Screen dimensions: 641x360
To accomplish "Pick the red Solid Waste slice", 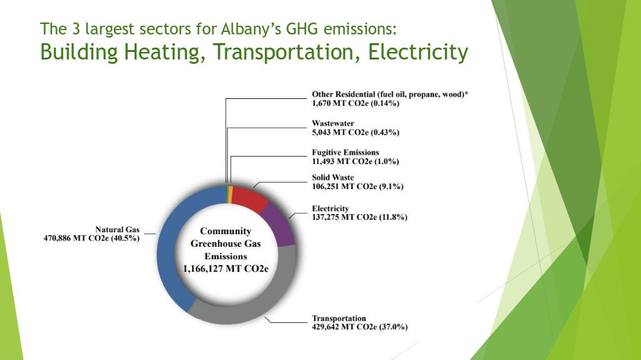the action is [x=249, y=197].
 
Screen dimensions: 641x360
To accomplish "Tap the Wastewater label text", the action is [x=333, y=123].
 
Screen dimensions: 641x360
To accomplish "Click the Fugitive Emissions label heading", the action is [x=346, y=153].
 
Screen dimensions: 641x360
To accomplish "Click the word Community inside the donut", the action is [x=225, y=232].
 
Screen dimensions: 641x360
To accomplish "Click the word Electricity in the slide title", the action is [x=418, y=53].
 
